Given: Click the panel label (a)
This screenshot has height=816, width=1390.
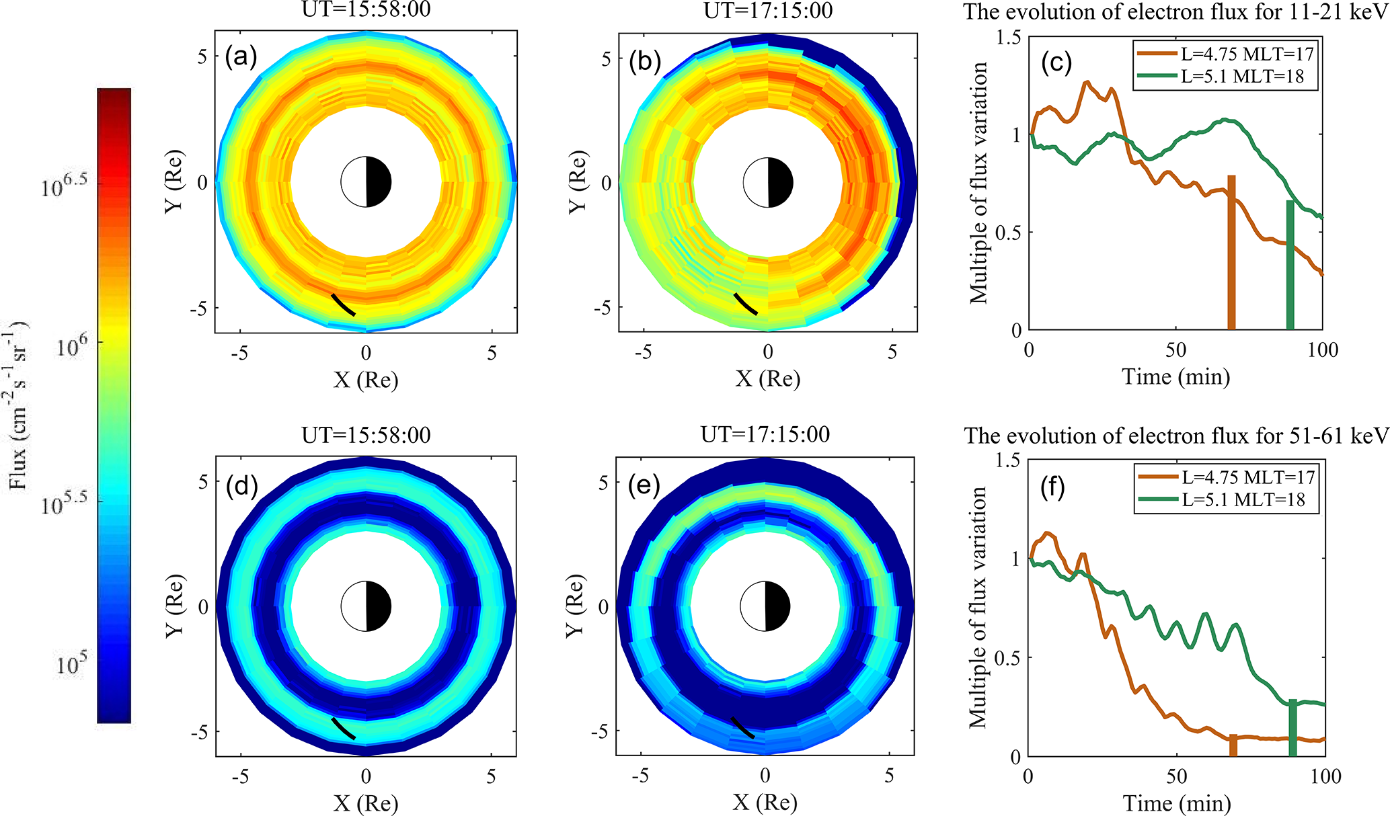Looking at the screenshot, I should click(x=241, y=57).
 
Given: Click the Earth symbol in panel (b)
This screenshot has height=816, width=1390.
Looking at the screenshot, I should click(x=768, y=182).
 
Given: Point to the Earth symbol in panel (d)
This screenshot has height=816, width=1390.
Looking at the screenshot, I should click(x=366, y=606).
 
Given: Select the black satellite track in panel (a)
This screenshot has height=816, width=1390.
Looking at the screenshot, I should click(x=343, y=304).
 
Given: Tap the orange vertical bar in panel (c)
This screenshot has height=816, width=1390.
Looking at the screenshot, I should click(x=1231, y=253).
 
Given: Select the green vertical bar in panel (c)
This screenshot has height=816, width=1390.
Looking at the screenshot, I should click(x=1290, y=265).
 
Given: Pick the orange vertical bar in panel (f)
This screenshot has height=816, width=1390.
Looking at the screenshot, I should click(x=1233, y=745).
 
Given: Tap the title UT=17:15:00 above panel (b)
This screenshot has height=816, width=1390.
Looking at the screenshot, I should click(x=768, y=11).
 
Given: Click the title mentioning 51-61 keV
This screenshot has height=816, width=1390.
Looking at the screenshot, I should click(x=1176, y=436).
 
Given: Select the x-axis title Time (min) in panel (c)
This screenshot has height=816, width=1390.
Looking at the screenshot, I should click(x=1175, y=376).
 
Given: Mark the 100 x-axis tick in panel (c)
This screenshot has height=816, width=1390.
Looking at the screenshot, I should click(x=1323, y=350).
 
